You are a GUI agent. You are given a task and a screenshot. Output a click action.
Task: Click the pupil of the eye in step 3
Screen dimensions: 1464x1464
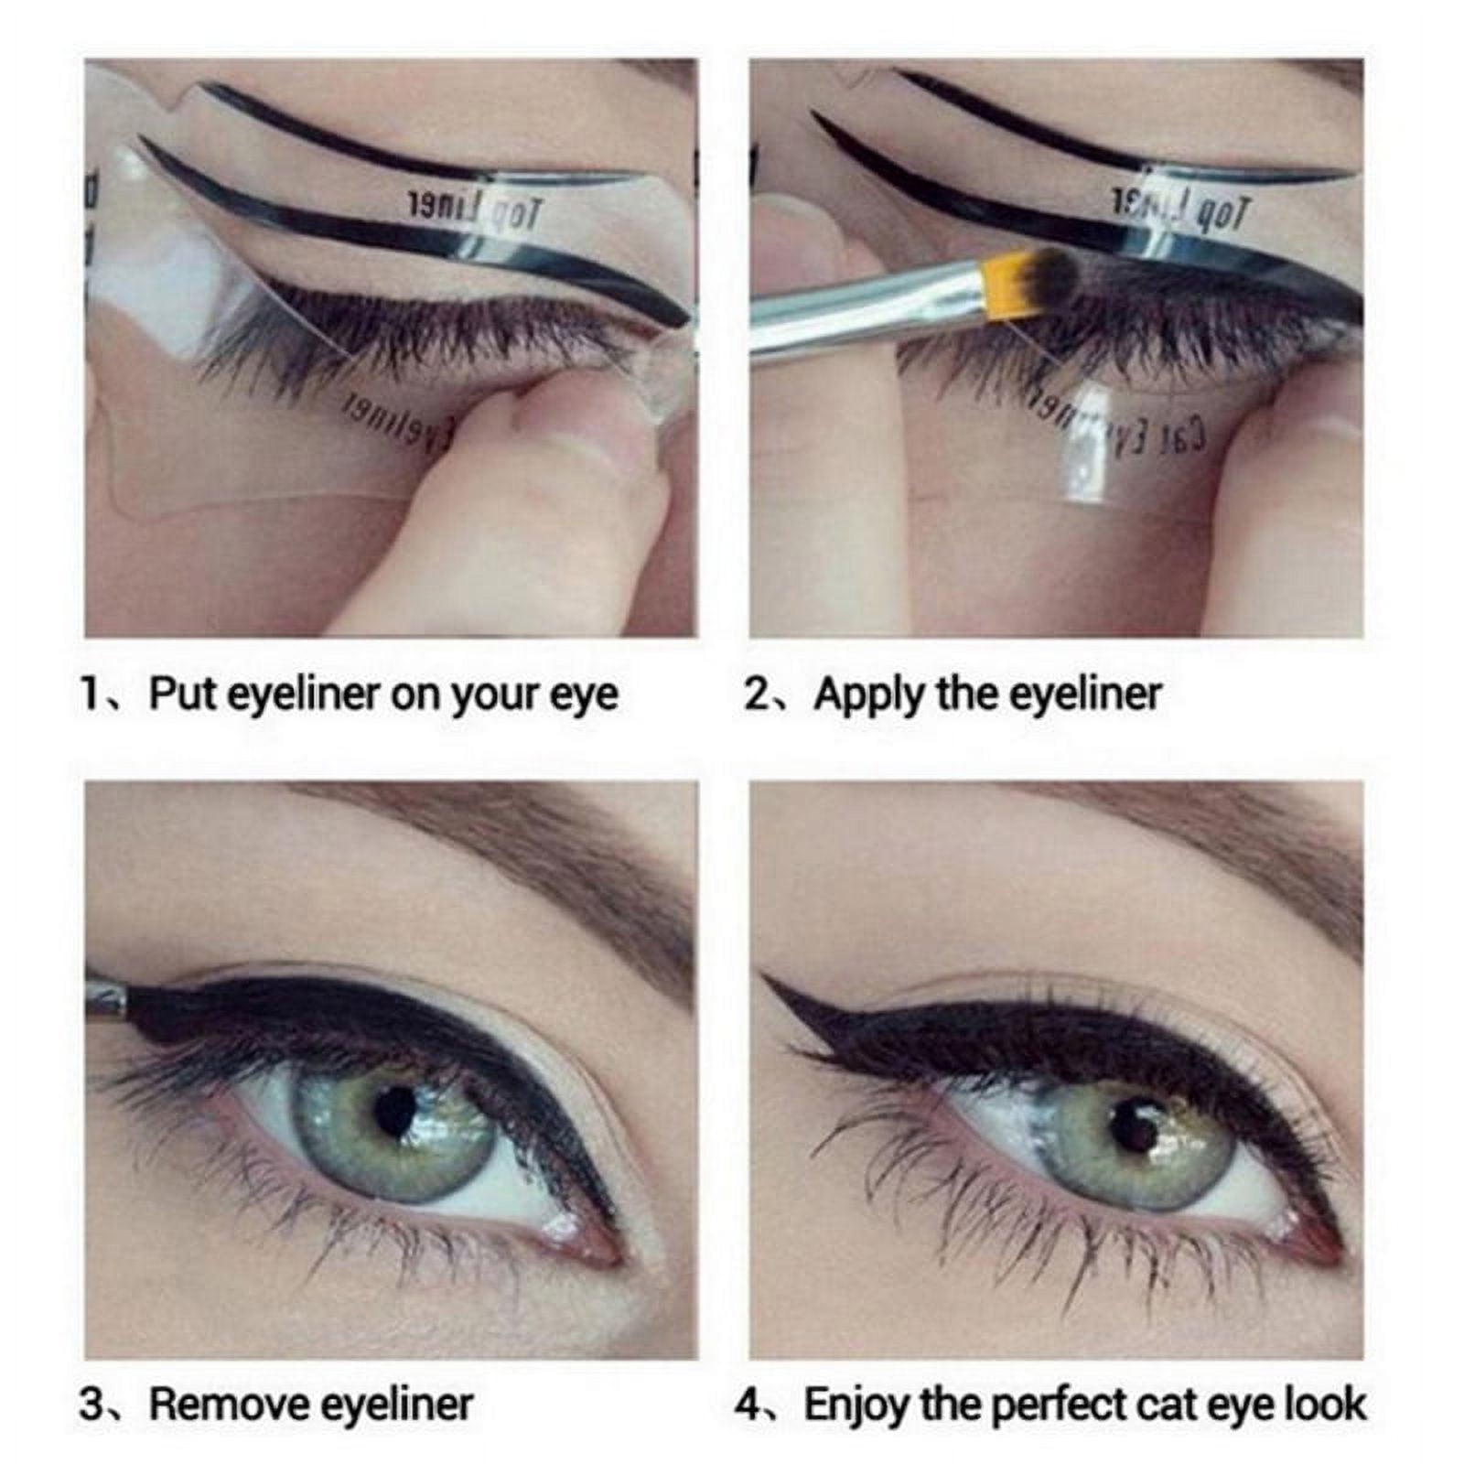pos(395,1110)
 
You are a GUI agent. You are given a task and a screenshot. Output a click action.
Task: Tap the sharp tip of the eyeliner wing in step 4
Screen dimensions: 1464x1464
pos(767,978)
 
